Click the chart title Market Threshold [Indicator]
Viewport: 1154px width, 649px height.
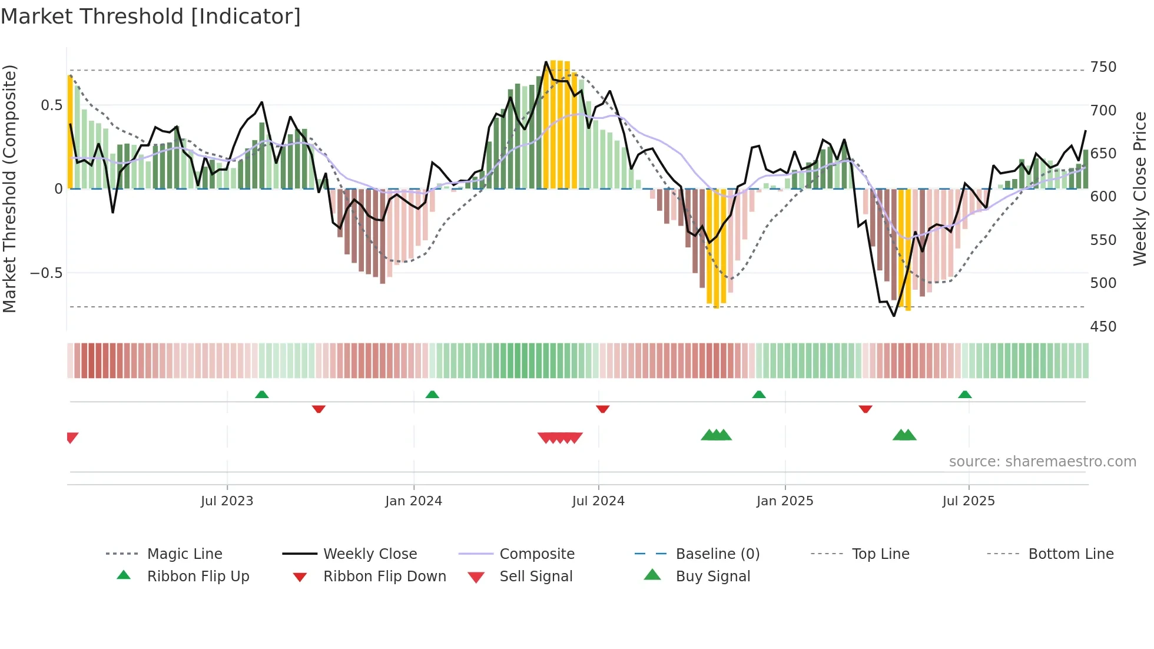[151, 16]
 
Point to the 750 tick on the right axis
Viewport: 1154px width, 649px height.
[1103, 67]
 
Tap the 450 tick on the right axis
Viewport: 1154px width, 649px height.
[1103, 326]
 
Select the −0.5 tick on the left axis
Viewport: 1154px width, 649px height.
[46, 273]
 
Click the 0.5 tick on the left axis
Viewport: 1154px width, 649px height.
[51, 105]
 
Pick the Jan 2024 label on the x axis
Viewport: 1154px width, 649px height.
[413, 501]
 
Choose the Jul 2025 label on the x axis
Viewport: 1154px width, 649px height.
[968, 501]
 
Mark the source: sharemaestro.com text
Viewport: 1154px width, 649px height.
[1042, 462]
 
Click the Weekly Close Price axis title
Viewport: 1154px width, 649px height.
[1140, 188]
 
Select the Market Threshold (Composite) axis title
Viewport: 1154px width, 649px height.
[10, 188]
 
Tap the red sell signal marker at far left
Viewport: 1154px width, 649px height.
[72, 438]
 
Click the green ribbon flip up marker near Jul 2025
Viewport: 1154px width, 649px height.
[964, 395]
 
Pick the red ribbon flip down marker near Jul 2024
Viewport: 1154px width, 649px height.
[602, 409]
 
